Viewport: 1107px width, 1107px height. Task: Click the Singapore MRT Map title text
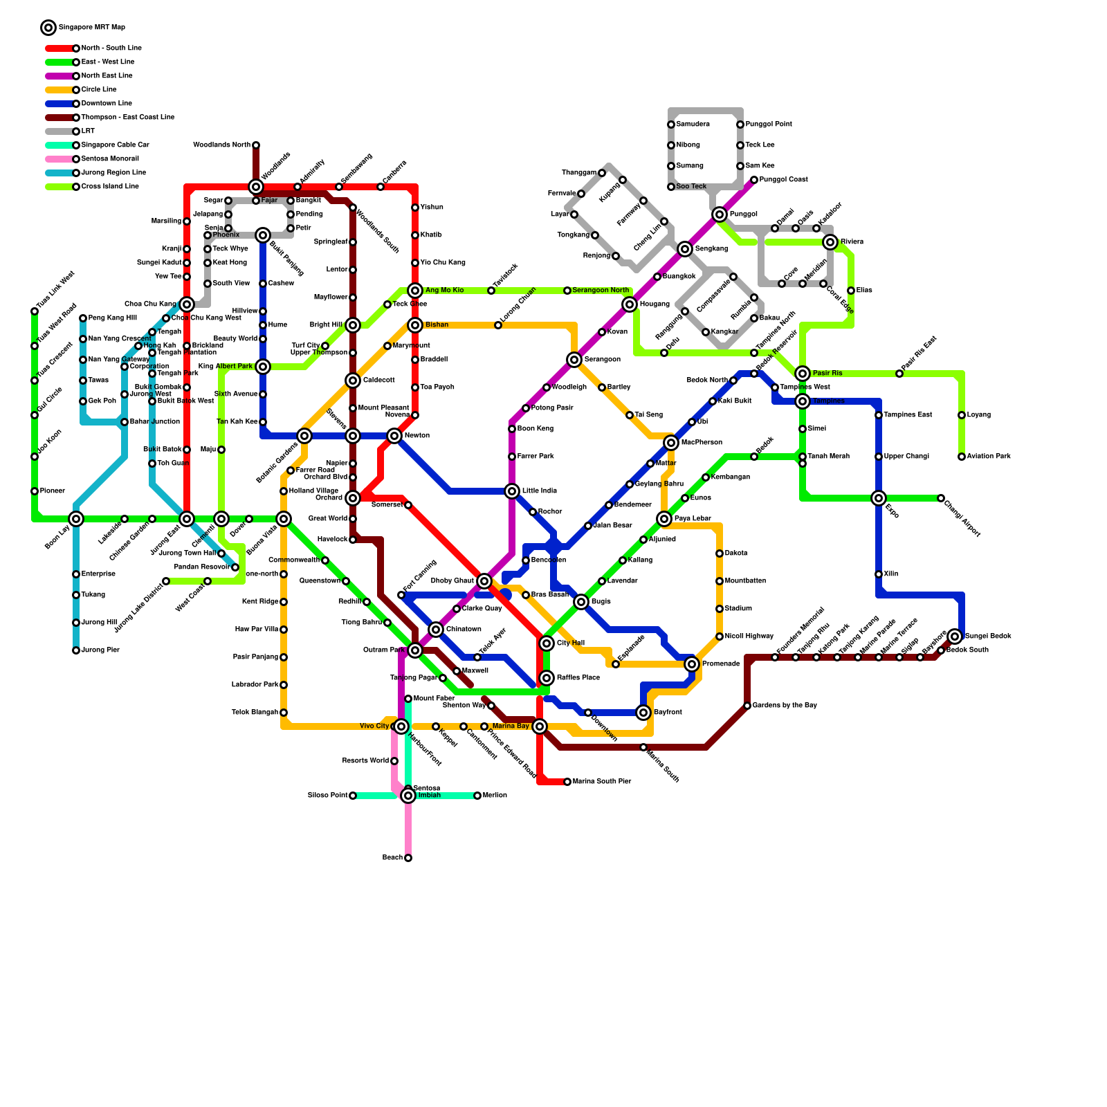(x=92, y=28)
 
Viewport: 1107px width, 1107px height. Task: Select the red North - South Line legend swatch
(x=60, y=48)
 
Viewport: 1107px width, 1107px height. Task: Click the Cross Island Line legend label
(x=110, y=187)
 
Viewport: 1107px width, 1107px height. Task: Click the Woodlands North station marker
(x=256, y=145)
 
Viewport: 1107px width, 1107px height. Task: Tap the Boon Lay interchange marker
(x=76, y=519)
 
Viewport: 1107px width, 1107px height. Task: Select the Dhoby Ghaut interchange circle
(x=484, y=581)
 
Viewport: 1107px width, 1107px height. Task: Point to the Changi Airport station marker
(x=941, y=498)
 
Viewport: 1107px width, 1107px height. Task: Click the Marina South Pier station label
(x=601, y=782)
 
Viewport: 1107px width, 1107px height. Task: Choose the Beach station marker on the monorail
(x=408, y=858)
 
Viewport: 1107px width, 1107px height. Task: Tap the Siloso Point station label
(x=327, y=796)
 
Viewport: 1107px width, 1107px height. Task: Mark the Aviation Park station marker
(x=962, y=457)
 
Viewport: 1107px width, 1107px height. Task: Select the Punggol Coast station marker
(x=754, y=180)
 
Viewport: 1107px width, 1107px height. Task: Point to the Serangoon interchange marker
(x=574, y=360)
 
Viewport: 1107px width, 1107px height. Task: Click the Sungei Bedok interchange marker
(x=955, y=637)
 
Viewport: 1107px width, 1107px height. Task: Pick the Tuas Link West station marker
(x=35, y=311)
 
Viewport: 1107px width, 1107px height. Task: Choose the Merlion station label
(x=495, y=796)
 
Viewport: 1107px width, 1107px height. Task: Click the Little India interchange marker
(x=512, y=491)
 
